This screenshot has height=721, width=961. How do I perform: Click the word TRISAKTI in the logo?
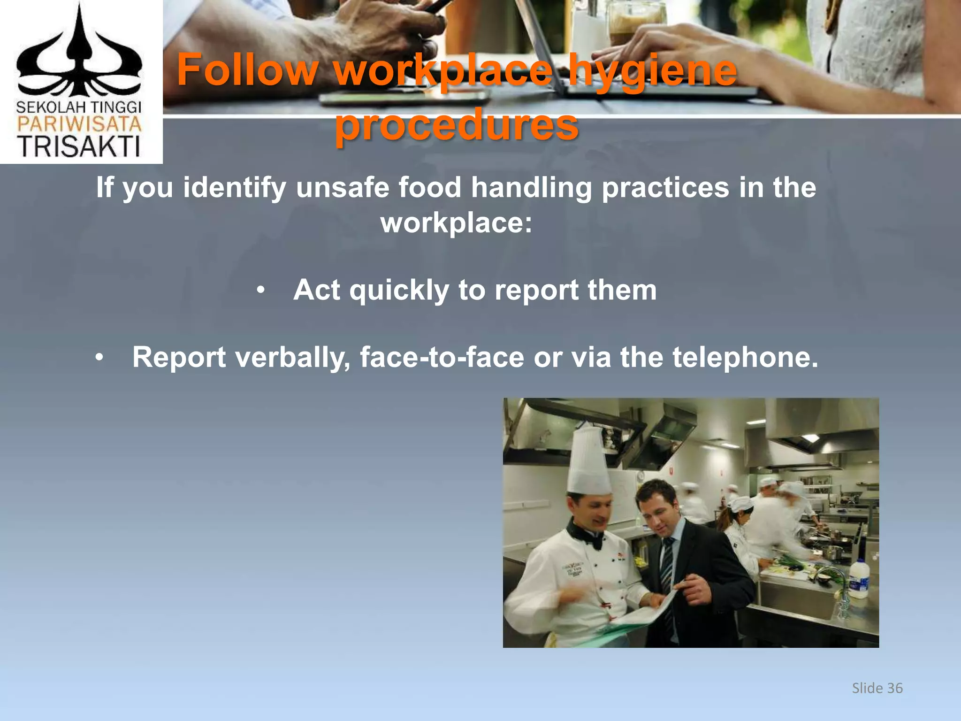click(79, 146)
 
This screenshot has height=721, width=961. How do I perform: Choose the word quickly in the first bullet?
click(399, 291)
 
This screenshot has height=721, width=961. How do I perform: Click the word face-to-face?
click(442, 358)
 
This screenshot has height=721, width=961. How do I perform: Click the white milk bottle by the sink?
click(860, 579)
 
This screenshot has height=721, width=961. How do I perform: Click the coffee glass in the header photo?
click(636, 23)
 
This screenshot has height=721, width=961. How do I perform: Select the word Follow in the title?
click(247, 70)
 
